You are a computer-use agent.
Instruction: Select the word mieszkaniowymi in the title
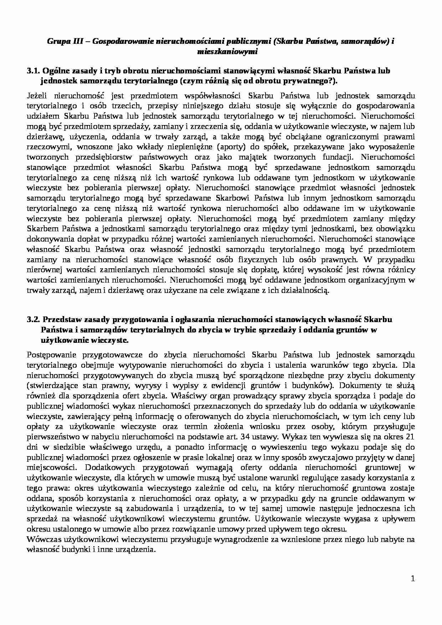pos(227,52)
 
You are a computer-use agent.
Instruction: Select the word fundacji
pos(338,157)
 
